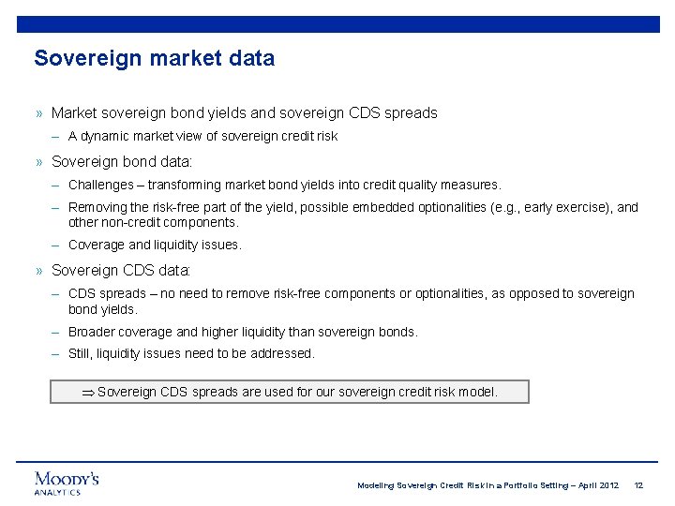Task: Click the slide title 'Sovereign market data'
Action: coord(155,58)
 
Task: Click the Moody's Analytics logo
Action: coord(67,483)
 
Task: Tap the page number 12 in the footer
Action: coord(638,485)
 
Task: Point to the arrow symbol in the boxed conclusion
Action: coord(88,392)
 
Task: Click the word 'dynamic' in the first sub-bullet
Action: coord(108,136)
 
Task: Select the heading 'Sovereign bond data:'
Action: coord(121,161)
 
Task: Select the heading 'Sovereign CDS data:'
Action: coord(121,270)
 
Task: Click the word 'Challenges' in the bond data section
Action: coord(100,186)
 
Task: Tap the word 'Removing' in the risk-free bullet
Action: coord(97,208)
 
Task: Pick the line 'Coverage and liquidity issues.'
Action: coord(155,245)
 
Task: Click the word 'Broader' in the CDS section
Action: coord(92,332)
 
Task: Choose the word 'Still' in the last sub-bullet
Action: coord(82,353)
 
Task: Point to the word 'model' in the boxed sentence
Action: coord(478,392)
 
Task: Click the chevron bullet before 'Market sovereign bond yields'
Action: coord(39,113)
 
